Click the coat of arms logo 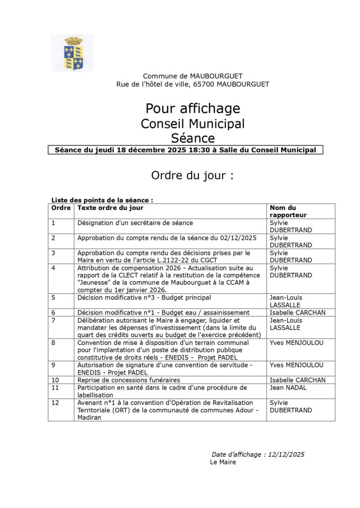pos(72,53)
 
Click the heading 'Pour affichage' pos(193,108)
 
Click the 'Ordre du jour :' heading pos(192,176)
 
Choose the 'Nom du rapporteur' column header pos(288,211)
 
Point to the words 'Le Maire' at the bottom pos(223,462)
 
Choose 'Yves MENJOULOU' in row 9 pos(296,365)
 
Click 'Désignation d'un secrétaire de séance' pos(135,223)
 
